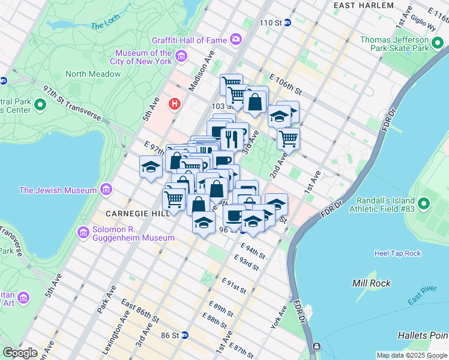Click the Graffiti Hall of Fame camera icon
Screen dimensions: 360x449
point(236,40)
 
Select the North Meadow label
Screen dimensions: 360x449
point(93,74)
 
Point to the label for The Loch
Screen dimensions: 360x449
point(105,26)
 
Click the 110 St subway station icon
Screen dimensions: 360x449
point(288,23)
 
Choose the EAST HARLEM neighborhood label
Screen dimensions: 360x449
point(364,5)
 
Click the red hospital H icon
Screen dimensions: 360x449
point(175,104)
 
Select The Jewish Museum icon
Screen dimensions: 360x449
point(106,190)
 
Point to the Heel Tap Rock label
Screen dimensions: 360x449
point(397,253)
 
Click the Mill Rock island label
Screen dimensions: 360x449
point(372,283)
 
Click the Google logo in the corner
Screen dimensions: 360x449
point(20,352)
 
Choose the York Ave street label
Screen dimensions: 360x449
point(283,317)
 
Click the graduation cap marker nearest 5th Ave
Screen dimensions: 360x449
point(151,167)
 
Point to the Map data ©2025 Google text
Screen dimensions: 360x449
point(411,355)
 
